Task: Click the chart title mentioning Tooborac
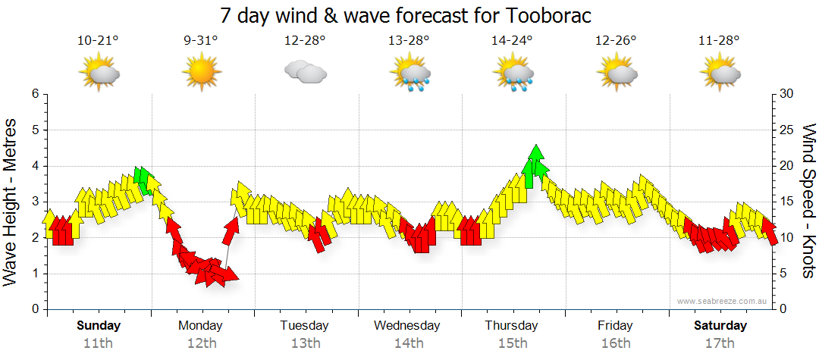(x=406, y=15)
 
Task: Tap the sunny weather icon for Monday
(x=201, y=73)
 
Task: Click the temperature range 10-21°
(x=98, y=41)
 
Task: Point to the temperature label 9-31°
(x=201, y=41)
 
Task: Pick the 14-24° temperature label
(x=512, y=41)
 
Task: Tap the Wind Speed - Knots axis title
(x=808, y=202)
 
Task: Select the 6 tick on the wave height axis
(x=34, y=94)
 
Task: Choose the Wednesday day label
(x=407, y=326)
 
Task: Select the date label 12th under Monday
(x=201, y=343)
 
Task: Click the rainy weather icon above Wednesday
(x=409, y=74)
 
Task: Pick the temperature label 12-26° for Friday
(x=615, y=41)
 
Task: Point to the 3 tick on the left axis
(x=34, y=202)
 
